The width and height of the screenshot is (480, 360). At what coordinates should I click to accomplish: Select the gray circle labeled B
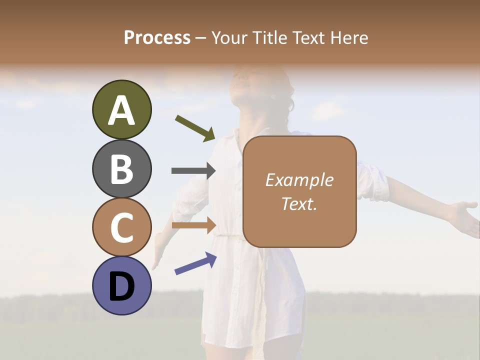click(121, 168)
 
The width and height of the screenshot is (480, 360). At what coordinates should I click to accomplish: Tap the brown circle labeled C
click(121, 227)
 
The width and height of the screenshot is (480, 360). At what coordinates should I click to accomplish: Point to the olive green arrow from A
click(195, 128)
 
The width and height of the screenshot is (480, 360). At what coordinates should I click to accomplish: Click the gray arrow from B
click(193, 170)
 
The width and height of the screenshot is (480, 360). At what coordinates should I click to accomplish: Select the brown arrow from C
click(193, 225)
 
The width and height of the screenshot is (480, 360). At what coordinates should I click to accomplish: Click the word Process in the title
click(157, 37)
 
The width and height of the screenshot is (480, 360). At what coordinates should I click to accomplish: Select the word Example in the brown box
click(299, 180)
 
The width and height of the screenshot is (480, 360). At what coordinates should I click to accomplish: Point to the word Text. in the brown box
click(299, 203)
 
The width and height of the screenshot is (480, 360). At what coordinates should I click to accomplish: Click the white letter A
click(121, 110)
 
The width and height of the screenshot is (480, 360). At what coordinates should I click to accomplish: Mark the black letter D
click(121, 286)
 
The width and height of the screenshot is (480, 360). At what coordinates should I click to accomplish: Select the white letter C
click(121, 227)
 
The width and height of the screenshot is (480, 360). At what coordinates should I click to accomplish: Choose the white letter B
click(121, 169)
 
